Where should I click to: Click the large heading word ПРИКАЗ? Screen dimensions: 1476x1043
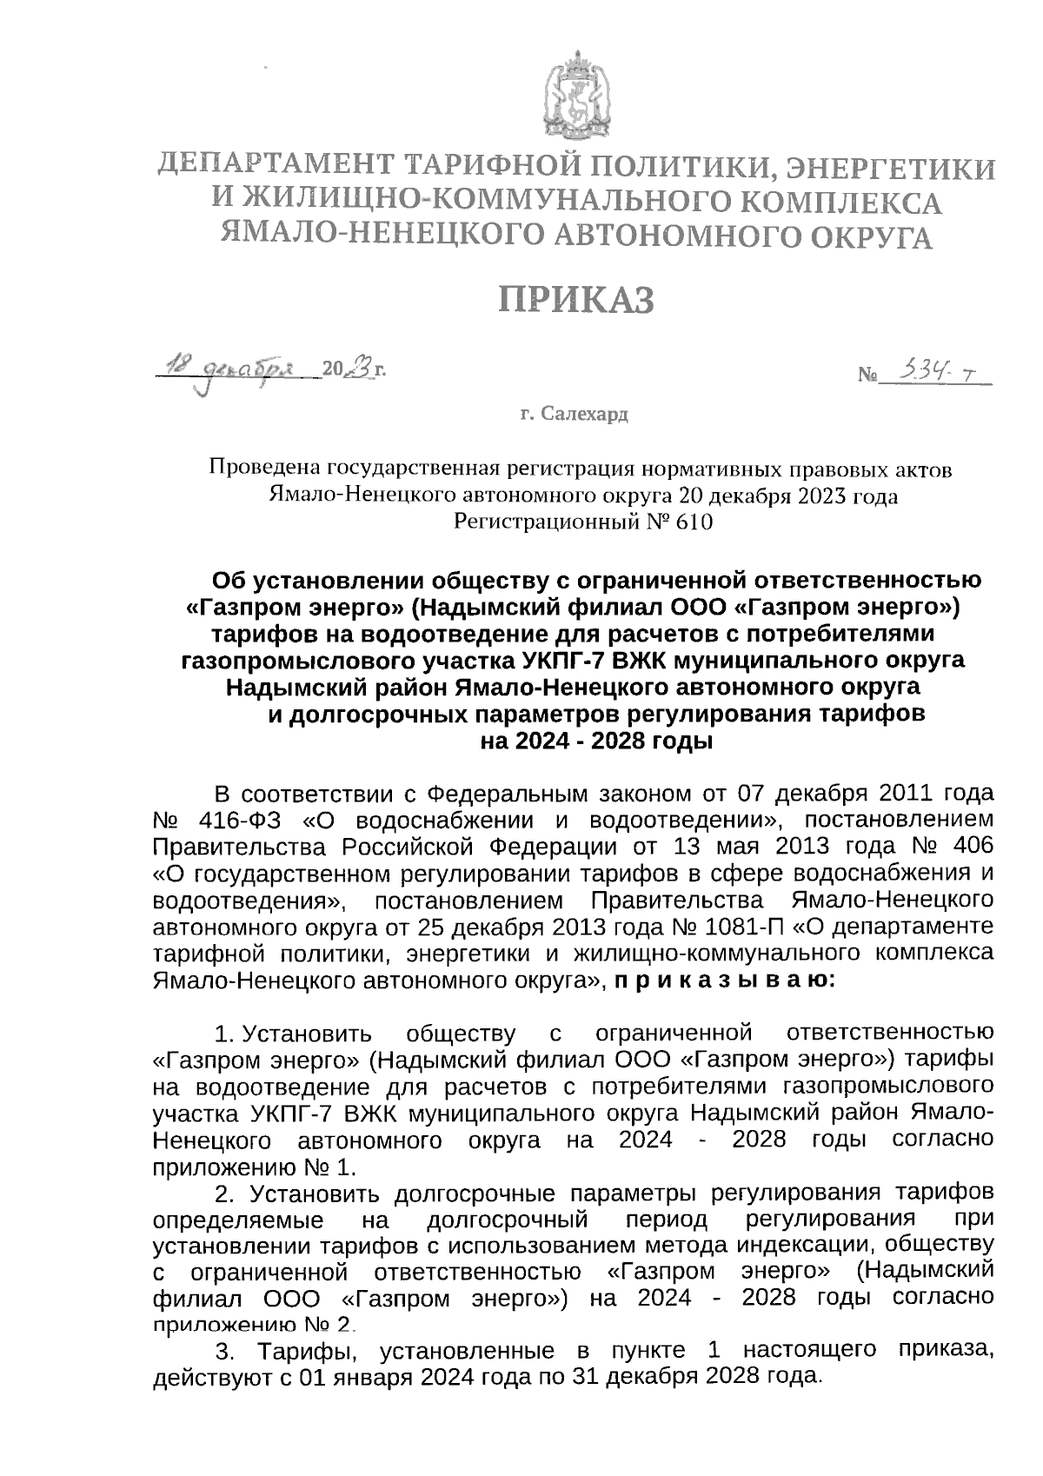click(x=575, y=300)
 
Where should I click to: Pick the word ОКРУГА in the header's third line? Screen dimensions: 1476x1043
click(x=873, y=236)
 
